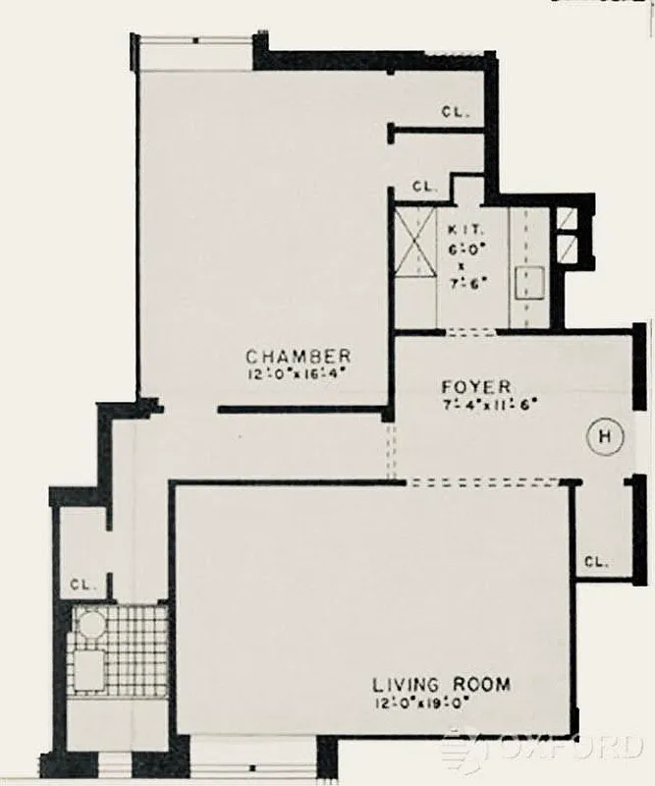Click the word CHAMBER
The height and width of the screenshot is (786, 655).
pos(299,356)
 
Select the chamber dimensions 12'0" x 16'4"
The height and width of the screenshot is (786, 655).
pos(299,372)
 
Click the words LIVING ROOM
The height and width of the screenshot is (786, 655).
pos(441,684)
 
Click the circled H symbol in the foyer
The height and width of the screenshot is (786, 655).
pos(604,434)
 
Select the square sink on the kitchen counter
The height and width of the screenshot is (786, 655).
pos(530,280)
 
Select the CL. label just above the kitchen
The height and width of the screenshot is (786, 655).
pos(424,186)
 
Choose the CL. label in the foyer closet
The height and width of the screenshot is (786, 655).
pos(596,562)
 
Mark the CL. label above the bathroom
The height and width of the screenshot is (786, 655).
pos(82,584)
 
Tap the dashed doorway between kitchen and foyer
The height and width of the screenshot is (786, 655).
pos(470,332)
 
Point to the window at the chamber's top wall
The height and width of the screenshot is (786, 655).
pos(194,52)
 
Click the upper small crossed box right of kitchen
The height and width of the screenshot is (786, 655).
pos(569,220)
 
